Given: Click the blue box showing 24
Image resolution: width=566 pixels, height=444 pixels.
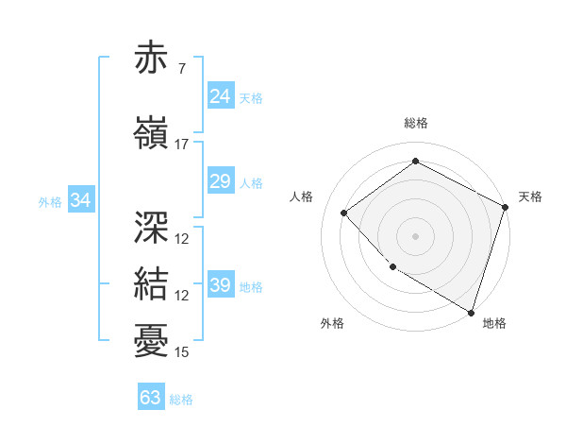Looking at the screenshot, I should pyautogui.click(x=221, y=95).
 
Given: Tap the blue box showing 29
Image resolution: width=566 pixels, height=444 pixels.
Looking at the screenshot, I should pyautogui.click(x=221, y=181).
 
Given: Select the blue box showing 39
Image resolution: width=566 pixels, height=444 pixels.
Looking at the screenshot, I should pyautogui.click(x=221, y=285).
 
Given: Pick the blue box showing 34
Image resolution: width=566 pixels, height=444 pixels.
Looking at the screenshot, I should pyautogui.click(x=81, y=200).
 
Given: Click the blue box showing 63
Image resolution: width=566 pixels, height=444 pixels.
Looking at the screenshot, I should pyautogui.click(x=151, y=398).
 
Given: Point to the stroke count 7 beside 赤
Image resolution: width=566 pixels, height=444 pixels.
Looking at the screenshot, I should pyautogui.click(x=181, y=69).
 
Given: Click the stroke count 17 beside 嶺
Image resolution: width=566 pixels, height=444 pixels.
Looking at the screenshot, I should pyautogui.click(x=181, y=145).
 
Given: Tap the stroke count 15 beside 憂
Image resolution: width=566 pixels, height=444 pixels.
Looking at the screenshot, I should pyautogui.click(x=181, y=352).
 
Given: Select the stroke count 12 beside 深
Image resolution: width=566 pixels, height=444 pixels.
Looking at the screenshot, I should pyautogui.click(x=181, y=239).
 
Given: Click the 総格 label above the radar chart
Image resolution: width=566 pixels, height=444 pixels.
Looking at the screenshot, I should pyautogui.click(x=416, y=123).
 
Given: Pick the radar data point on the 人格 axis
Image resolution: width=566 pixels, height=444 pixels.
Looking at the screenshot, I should pyautogui.click(x=344, y=213).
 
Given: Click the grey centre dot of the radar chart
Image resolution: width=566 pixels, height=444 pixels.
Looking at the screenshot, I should pyautogui.click(x=416, y=235).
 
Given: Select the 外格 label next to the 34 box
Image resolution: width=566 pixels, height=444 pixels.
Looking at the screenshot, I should pyautogui.click(x=50, y=201).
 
